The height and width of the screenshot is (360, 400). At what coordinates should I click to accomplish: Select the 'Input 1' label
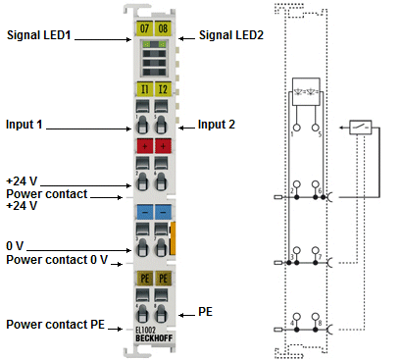30,126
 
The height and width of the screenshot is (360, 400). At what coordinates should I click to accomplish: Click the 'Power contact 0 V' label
56,259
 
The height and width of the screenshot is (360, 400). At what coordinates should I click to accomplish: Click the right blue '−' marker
163,211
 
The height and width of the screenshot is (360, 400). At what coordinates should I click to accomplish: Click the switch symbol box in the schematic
360,128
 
